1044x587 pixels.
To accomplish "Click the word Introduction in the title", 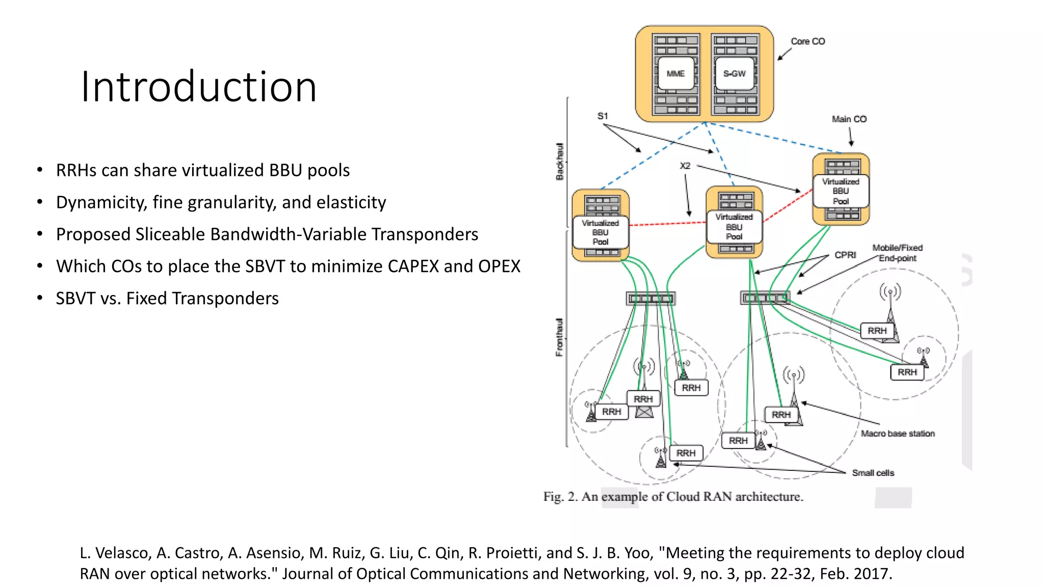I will coord(199,87).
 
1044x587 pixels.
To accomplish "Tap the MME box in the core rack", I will coord(675,74).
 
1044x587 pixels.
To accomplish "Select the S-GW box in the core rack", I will coord(734,74).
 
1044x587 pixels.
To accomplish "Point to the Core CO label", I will coord(807,41).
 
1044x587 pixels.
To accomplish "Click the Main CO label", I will coord(849,119).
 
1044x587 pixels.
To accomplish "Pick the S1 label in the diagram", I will coord(603,116).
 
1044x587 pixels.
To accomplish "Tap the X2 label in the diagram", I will coord(685,166).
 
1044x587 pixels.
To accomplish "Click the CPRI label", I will coord(845,255).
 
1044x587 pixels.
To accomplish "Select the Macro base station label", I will coord(898,434).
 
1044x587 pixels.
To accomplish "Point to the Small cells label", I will coord(873,473).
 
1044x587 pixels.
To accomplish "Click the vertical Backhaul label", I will coord(560,162).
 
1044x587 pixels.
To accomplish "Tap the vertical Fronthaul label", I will coord(560,337).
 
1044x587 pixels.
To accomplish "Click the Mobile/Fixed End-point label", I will coord(897,253).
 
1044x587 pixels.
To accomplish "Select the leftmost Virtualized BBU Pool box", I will coord(601,232).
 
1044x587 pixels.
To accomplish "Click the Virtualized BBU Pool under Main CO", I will coord(841,191).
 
